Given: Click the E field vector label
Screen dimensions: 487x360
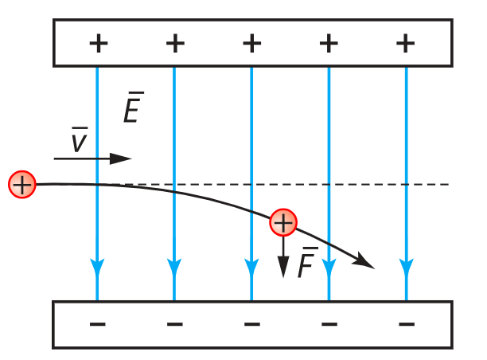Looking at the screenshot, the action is coord(134,107).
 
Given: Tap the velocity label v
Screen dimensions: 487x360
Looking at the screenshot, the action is coord(80,139).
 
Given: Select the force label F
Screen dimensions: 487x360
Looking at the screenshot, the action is coord(308,262).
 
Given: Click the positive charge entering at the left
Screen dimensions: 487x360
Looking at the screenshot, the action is coord(22,184).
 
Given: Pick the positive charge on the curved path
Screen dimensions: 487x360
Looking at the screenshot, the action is coord(283,222).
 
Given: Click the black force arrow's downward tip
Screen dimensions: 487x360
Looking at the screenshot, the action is coord(283,277).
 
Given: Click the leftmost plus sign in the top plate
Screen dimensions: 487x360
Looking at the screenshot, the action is coord(99,43).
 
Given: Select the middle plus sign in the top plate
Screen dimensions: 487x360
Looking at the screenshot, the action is coord(252,43).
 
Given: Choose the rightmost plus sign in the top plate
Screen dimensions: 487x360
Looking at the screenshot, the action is coord(405,43).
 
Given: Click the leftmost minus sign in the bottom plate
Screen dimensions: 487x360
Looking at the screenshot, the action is coord(98,324).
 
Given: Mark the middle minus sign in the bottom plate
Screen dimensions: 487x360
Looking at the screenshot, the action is coord(252,324).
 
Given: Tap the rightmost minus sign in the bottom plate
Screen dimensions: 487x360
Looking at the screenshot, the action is coord(407,324).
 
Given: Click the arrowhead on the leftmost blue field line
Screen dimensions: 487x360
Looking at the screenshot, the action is coord(97,267).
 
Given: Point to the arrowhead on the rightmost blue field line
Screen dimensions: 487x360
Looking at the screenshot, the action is coord(407,267).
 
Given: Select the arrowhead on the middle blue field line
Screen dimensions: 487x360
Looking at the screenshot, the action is coord(251,267).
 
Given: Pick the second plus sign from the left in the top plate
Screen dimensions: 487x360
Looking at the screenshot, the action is coord(175,43).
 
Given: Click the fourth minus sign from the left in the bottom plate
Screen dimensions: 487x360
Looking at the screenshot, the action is coord(329,324).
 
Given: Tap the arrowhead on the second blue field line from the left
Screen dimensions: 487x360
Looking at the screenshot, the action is coord(174,267).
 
